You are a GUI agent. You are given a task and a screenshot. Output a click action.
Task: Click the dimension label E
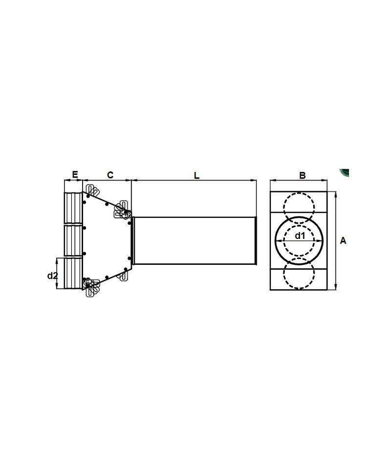[x=75, y=174]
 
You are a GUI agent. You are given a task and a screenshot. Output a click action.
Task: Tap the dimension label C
[x=110, y=175]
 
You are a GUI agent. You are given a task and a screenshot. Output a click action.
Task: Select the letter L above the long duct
[x=196, y=175]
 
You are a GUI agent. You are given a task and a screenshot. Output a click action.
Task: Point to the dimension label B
[x=303, y=175]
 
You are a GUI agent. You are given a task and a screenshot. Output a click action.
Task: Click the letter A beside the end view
[x=343, y=240]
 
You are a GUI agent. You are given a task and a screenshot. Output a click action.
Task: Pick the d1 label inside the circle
[x=300, y=236]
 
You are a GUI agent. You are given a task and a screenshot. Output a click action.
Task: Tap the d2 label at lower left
[x=52, y=276]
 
